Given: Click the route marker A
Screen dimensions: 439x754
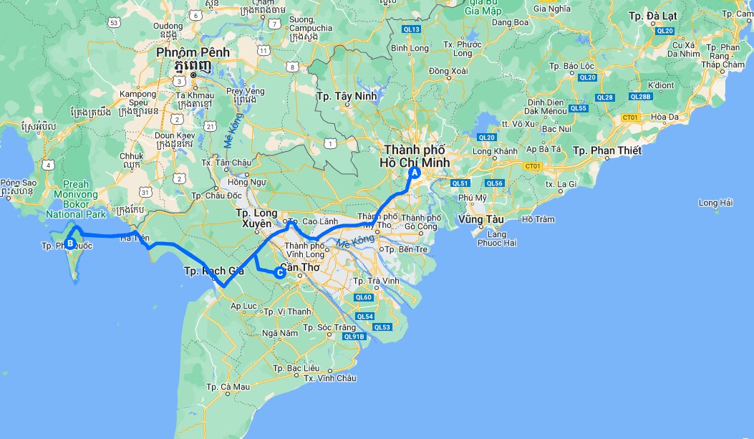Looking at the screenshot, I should click(x=414, y=173).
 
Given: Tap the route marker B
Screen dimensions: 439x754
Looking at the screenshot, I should click(x=70, y=243).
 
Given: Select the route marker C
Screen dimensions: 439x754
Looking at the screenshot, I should click(x=281, y=271).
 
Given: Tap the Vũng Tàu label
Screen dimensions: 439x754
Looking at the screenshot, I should click(x=481, y=219).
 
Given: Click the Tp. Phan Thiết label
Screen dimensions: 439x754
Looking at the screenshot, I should click(x=607, y=150).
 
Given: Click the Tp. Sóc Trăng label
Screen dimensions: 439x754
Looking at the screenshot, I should click(x=330, y=328).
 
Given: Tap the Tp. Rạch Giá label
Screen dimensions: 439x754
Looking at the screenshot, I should click(x=214, y=271).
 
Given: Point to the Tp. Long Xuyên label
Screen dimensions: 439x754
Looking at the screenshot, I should click(x=257, y=218).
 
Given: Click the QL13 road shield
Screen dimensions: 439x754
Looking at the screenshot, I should click(x=412, y=29).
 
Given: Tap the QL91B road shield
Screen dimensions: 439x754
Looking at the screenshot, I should click(x=354, y=336).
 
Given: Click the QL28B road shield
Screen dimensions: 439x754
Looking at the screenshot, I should click(x=640, y=97).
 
